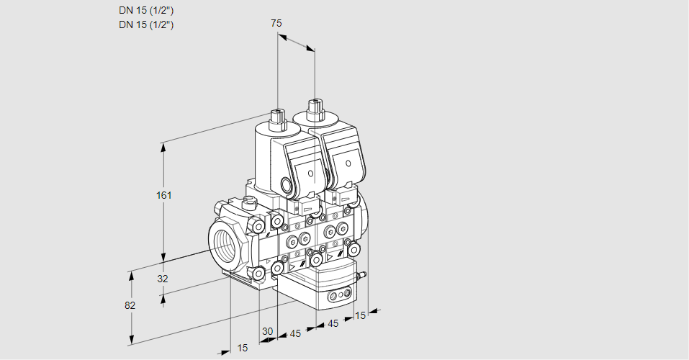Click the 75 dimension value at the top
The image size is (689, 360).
tap(276, 23)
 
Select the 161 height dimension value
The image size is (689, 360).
tap(166, 195)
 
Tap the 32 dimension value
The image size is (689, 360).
tap(162, 279)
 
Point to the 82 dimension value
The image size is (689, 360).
tap(130, 305)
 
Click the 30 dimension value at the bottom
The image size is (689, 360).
tap(268, 331)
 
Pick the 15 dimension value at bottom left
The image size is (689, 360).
tap(243, 348)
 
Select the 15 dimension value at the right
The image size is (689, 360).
tap(361, 315)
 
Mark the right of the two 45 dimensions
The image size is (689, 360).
tap(333, 324)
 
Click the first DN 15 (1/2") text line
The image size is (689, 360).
tap(147, 10)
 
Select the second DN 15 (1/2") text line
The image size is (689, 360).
tap(147, 24)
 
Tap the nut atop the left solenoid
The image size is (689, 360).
tap(276, 115)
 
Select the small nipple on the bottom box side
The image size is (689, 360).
tap(363, 274)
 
